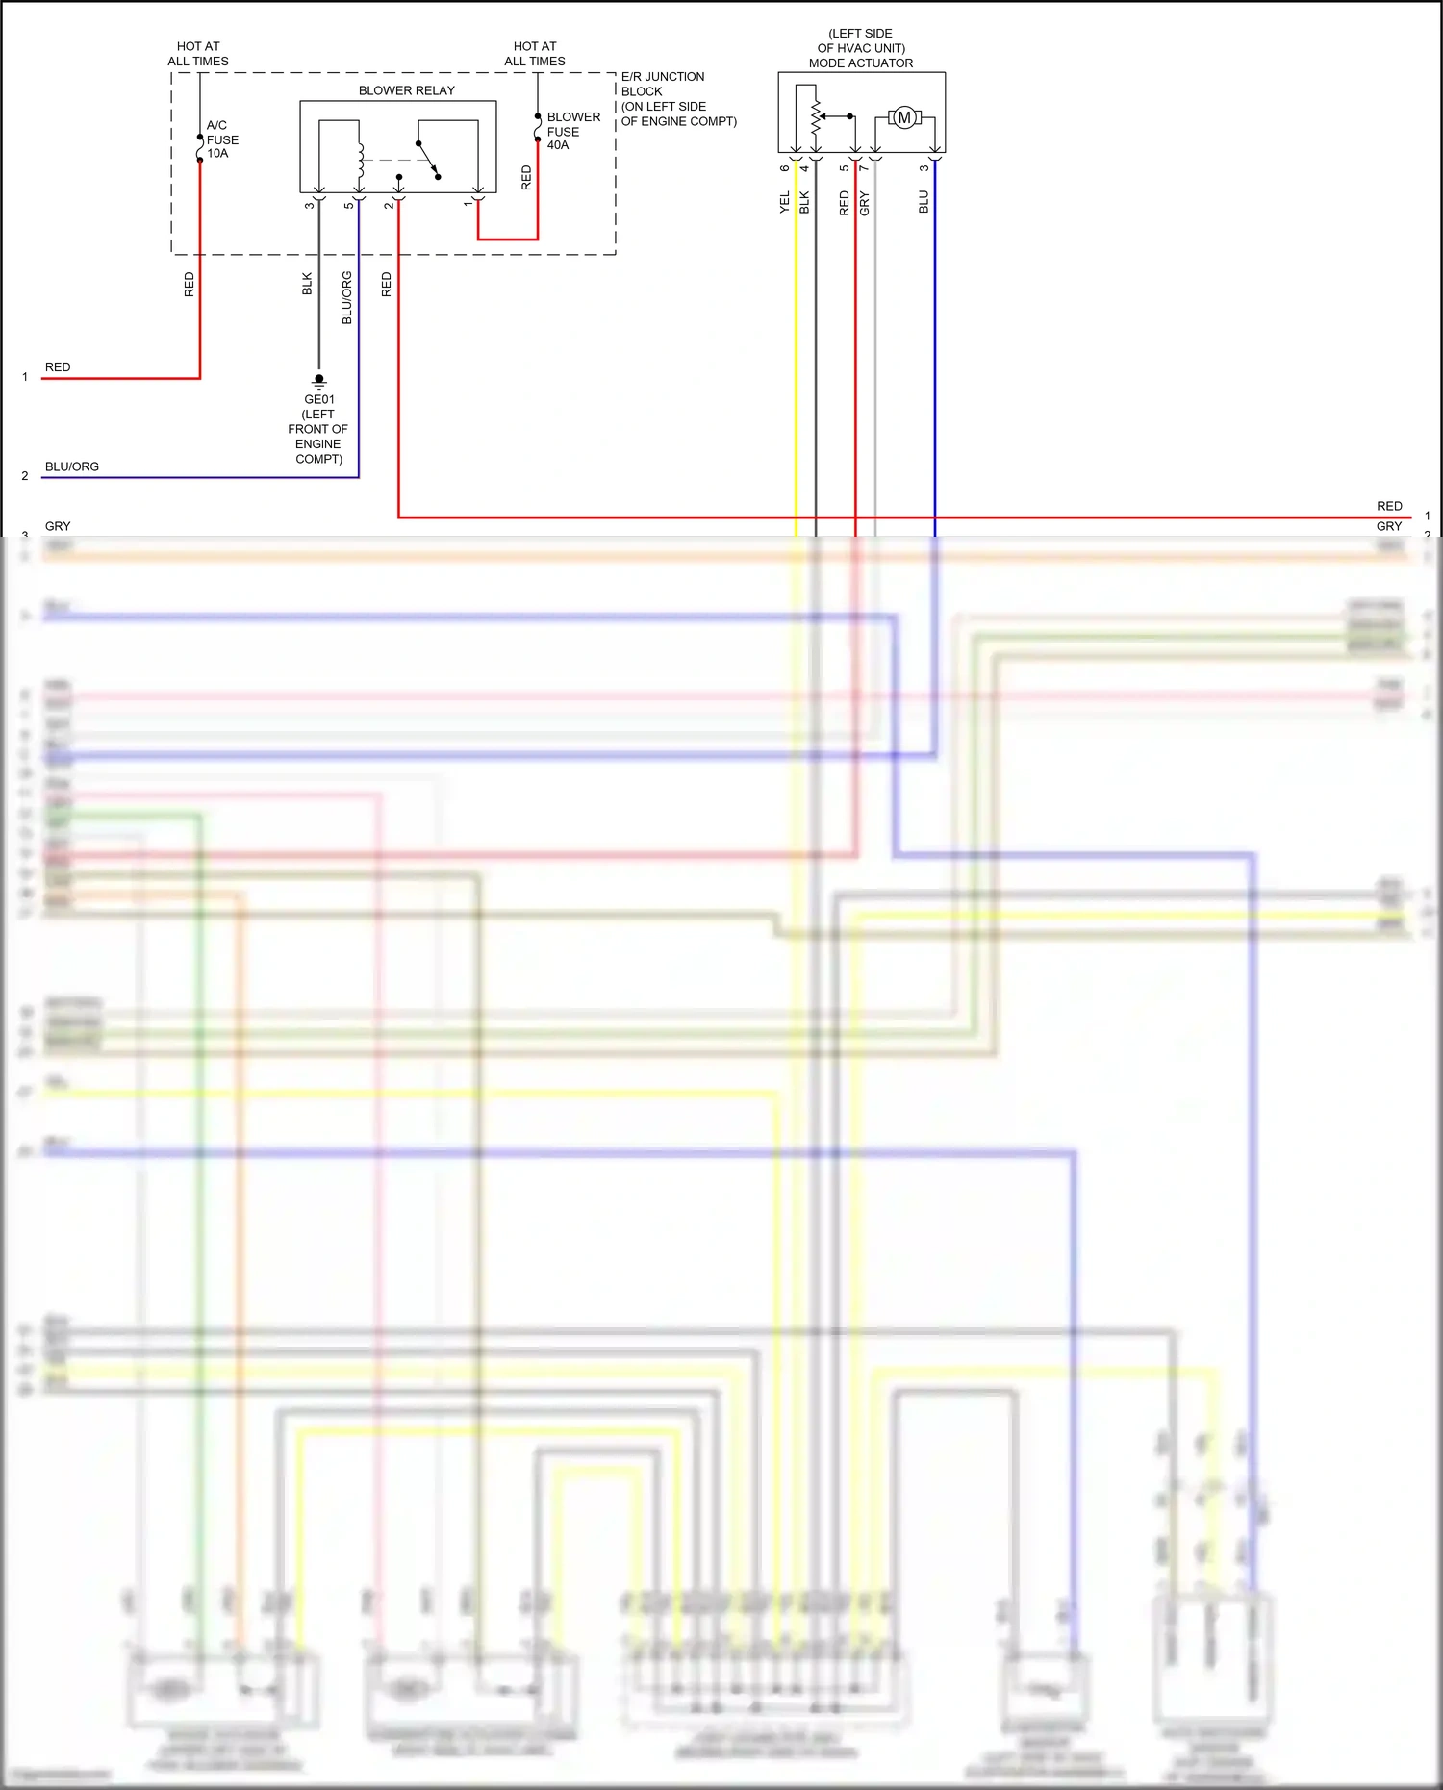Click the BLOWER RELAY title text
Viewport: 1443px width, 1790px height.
[x=406, y=90]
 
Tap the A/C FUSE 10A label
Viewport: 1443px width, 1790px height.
[x=222, y=139]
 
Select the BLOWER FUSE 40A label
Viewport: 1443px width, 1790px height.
[x=572, y=131]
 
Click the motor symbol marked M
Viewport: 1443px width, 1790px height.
[x=904, y=117]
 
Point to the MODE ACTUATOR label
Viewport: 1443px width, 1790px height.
[x=860, y=63]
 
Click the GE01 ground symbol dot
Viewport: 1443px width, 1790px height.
[x=319, y=379]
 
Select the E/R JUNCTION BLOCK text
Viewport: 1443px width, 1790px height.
[x=664, y=84]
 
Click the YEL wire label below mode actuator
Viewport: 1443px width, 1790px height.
[x=785, y=202]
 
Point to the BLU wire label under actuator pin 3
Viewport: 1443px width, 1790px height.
[x=924, y=202]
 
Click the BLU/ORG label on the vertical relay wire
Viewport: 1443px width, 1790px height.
[x=347, y=297]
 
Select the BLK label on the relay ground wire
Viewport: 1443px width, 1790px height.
[x=307, y=284]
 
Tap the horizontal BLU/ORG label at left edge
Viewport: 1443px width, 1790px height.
[x=72, y=466]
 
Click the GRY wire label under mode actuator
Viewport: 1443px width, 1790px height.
[x=864, y=203]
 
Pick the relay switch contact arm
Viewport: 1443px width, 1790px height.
[x=429, y=160]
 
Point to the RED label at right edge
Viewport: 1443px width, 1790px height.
[x=1389, y=506]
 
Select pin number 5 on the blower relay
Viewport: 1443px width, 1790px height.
[x=348, y=205]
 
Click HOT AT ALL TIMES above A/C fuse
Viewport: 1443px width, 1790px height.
[x=198, y=54]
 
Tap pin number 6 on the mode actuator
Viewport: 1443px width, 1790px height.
[x=785, y=168]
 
